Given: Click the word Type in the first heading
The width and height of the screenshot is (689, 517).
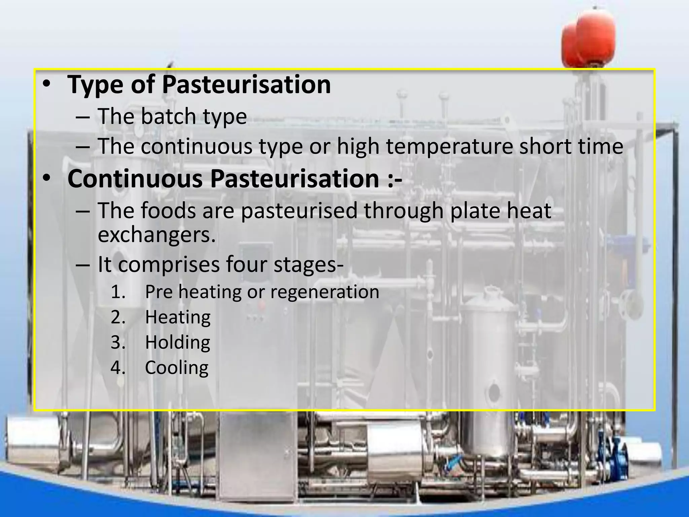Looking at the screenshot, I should tap(96, 85).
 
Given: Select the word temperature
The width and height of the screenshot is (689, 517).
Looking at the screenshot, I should tap(449, 147).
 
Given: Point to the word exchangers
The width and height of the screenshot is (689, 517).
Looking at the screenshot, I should tap(156, 235).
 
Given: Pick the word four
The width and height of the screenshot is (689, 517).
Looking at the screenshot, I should tap(246, 265).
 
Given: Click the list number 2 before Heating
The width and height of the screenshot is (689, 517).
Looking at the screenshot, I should tap(118, 317).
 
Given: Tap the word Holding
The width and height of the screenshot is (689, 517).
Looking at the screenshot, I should tap(177, 343).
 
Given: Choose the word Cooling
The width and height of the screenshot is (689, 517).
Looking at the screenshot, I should tap(177, 368).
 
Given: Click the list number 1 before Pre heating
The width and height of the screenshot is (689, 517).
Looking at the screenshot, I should tap(118, 292).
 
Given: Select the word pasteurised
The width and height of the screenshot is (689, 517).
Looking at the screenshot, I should tap(299, 211).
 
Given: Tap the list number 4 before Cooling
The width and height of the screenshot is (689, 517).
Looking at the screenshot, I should tap(118, 368).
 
